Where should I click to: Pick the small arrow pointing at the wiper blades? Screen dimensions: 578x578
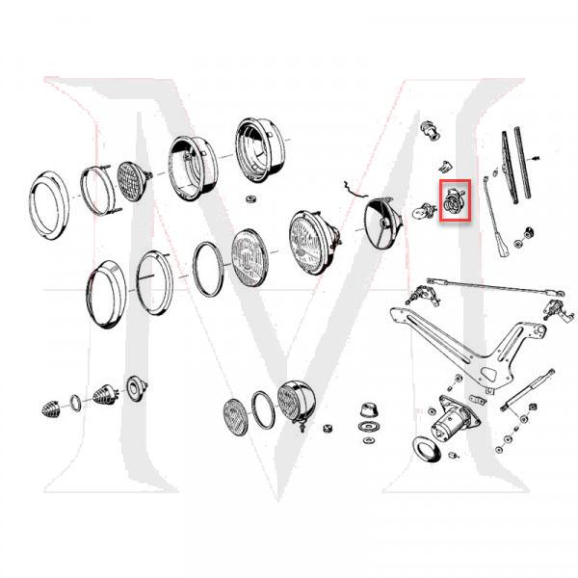(x=539, y=153)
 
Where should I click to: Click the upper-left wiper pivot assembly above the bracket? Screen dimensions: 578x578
(x=422, y=292)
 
